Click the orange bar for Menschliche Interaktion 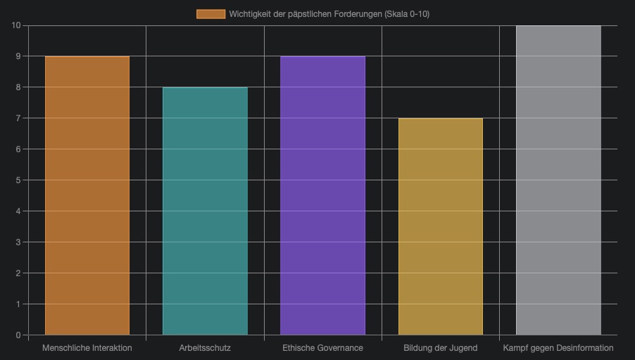pyautogui.click(x=87, y=195)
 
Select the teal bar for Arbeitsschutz pyautogui.click(x=205, y=211)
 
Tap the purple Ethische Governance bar pyautogui.click(x=322, y=195)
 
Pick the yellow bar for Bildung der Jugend pyautogui.click(x=441, y=226)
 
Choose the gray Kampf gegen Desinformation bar pyautogui.click(x=558, y=180)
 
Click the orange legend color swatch pyautogui.click(x=210, y=14)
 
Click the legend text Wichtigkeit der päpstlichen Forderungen pyautogui.click(x=329, y=14)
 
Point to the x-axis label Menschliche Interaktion pyautogui.click(x=87, y=348)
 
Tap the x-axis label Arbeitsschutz pyautogui.click(x=205, y=348)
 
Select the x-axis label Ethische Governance pyautogui.click(x=322, y=348)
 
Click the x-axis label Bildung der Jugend pyautogui.click(x=441, y=348)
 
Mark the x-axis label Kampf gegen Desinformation pyautogui.click(x=558, y=348)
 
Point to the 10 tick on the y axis pyautogui.click(x=16, y=25)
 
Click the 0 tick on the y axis pyautogui.click(x=18, y=335)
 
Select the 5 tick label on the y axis pyautogui.click(x=18, y=180)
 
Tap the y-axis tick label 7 pyautogui.click(x=18, y=118)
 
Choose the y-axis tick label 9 pyautogui.click(x=18, y=56)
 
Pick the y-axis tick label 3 pyautogui.click(x=18, y=242)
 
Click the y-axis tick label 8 pyautogui.click(x=18, y=87)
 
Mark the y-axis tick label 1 pyautogui.click(x=18, y=304)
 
